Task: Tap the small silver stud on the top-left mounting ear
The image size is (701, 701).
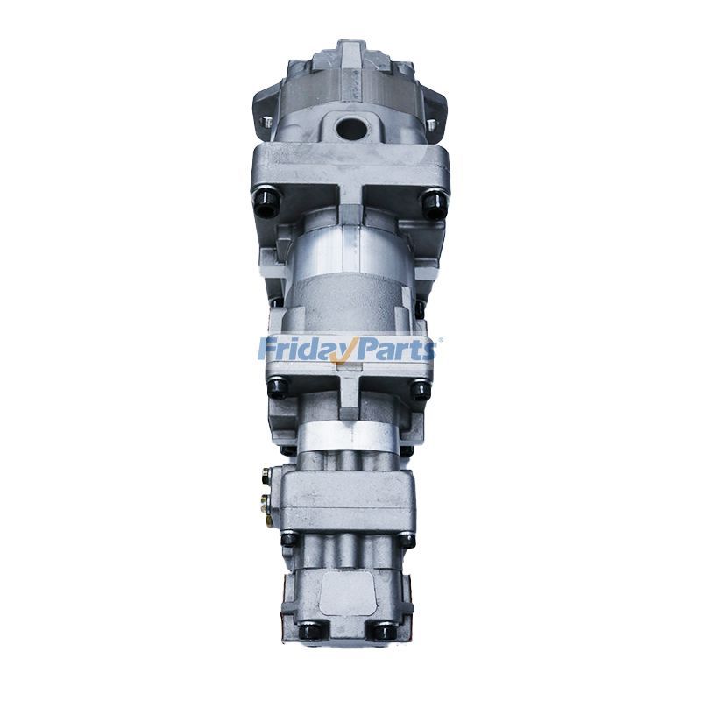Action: tap(266, 122)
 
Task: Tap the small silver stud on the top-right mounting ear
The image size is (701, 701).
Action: tap(431, 124)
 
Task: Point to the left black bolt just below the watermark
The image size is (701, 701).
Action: tap(278, 387)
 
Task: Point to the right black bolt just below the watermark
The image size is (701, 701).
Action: tap(421, 390)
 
